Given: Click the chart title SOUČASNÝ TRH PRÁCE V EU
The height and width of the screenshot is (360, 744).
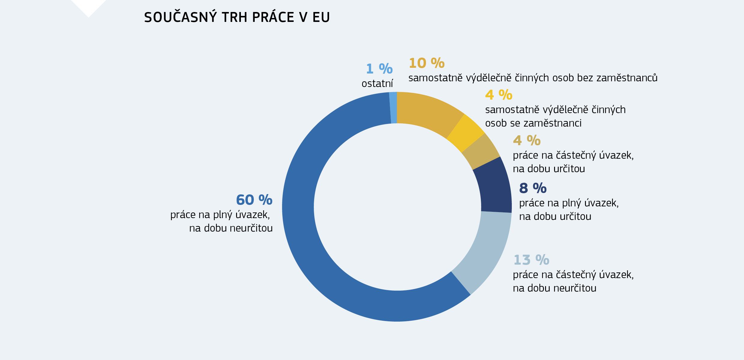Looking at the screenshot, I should click(237, 17).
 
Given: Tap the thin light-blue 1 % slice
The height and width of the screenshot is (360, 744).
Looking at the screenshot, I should click(393, 108).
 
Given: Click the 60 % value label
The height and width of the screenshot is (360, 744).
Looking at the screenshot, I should click(254, 200).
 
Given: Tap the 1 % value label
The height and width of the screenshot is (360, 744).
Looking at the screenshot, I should click(379, 69).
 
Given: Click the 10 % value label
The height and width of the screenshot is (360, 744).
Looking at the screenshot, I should click(427, 63).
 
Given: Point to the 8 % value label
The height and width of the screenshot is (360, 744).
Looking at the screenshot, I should click(533, 188).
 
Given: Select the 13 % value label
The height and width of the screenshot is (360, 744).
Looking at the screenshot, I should click(531, 260).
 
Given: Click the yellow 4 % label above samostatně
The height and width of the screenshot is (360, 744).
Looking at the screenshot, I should click(499, 95).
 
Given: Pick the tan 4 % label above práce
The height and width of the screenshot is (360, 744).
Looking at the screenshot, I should click(526, 140).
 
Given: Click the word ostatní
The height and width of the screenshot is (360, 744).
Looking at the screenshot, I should click(377, 84).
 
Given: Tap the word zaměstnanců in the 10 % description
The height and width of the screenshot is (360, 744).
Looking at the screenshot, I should click(627, 78).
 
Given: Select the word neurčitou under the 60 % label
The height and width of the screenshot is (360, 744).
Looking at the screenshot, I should click(251, 228).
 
